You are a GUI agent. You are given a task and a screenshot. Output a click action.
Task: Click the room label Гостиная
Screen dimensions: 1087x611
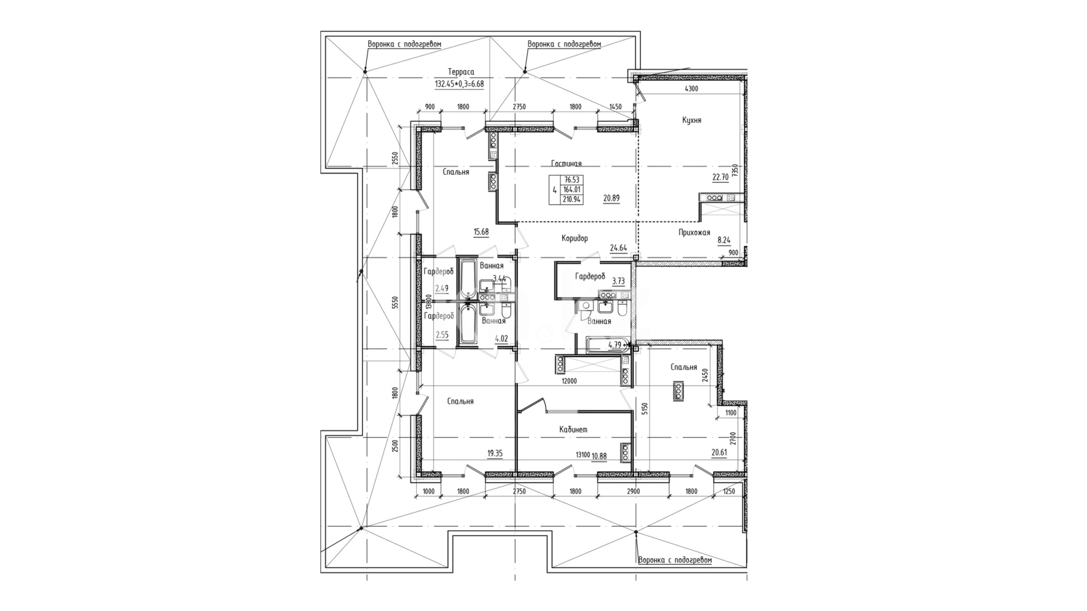[566, 163]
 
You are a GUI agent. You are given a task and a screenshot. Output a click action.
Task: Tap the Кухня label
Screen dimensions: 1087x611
[692, 121]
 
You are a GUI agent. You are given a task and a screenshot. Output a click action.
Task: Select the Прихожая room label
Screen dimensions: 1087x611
[694, 233]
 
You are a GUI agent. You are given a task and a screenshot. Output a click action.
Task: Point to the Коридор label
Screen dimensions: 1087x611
[575, 238]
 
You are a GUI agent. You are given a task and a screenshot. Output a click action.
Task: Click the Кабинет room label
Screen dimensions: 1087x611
[573, 429]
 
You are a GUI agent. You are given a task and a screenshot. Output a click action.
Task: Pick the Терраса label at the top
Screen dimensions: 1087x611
[461, 72]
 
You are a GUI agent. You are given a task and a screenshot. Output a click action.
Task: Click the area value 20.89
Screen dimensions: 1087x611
[611, 199]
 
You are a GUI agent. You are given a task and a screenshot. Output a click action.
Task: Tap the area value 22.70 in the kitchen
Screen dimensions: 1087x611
[720, 177]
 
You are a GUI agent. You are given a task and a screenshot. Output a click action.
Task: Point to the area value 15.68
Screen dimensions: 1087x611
[481, 231]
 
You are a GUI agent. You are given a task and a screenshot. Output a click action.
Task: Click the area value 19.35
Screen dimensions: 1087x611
[495, 453]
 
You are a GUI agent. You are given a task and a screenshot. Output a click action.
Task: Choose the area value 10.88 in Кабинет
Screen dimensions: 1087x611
[599, 455]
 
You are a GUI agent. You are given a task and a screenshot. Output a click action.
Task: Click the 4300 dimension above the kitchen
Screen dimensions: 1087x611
[691, 88]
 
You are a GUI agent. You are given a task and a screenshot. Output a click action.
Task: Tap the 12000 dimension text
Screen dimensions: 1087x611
[569, 381]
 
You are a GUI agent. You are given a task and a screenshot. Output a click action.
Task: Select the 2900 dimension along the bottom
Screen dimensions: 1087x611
[633, 492]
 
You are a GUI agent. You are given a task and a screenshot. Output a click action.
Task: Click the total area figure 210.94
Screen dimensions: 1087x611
[572, 199]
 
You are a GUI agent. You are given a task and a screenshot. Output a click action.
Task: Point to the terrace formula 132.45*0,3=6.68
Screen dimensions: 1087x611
[459, 84]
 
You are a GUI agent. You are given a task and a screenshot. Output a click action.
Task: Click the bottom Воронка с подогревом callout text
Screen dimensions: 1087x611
[675, 560]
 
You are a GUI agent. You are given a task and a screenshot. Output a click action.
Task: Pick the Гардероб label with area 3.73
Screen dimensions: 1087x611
[590, 277]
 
